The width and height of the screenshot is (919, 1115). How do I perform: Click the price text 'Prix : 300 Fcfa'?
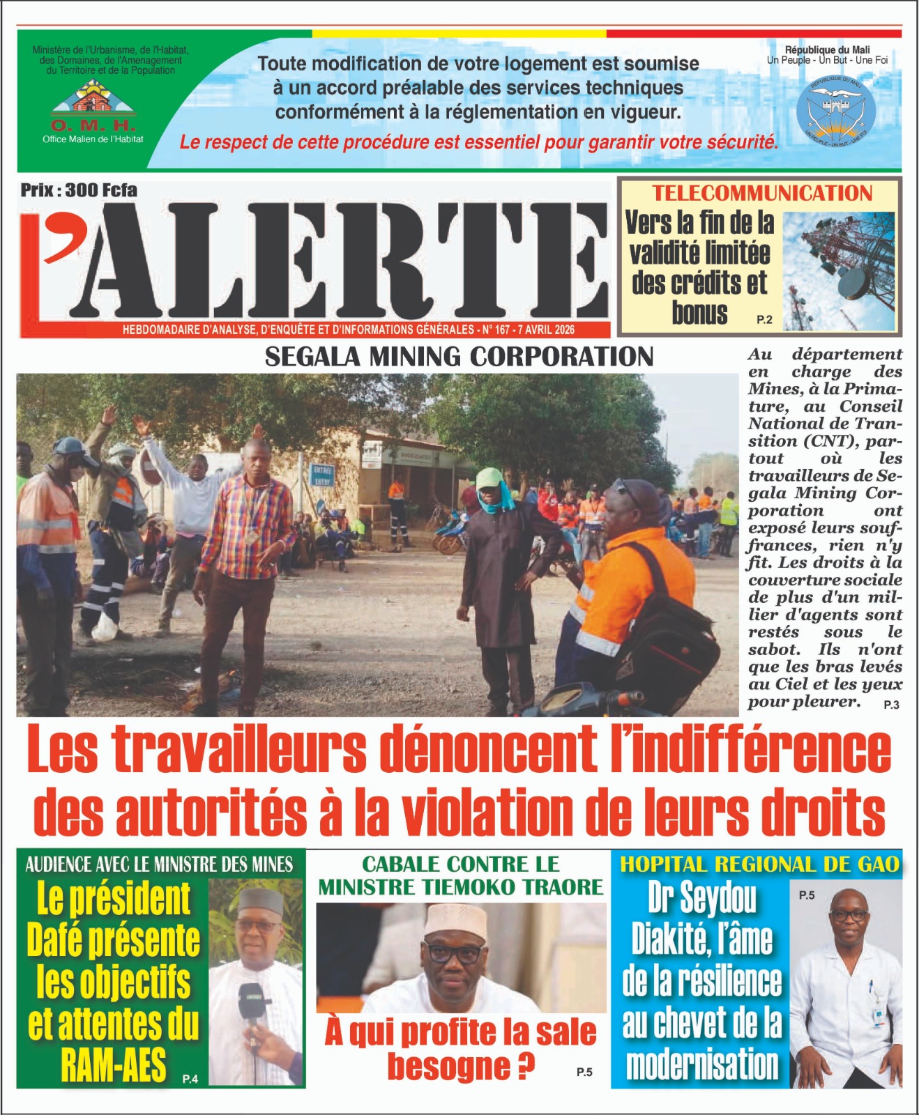79,190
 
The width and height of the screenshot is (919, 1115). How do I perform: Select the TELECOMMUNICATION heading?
762,193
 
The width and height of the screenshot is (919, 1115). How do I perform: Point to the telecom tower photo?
839,270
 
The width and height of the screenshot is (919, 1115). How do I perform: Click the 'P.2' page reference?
764,320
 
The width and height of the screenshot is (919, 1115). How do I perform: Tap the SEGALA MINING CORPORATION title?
459,357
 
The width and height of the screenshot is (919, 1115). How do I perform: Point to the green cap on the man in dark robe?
491,478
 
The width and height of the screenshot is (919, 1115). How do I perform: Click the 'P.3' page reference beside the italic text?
891,705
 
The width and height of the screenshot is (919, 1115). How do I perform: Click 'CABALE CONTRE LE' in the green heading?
460,865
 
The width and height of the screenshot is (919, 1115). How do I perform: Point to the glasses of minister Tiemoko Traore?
454,952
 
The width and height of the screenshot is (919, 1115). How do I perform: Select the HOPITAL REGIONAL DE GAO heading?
759,865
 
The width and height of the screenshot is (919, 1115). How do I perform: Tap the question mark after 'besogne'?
526,1067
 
